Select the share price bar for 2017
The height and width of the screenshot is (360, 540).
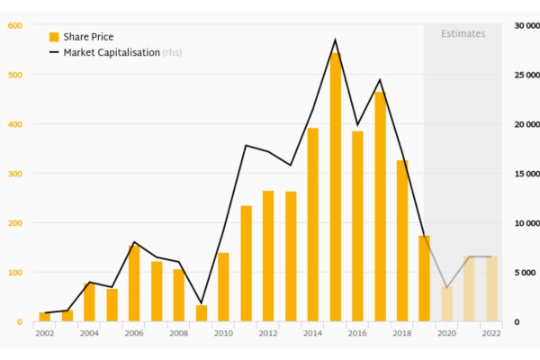click(380, 207)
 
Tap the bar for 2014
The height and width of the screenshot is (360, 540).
click(313, 225)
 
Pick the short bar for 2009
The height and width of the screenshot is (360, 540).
click(202, 313)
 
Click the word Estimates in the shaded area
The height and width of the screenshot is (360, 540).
click(463, 34)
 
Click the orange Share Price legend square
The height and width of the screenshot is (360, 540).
click(54, 37)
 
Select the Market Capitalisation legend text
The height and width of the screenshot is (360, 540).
click(111, 53)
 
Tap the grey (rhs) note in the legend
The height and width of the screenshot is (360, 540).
click(172, 53)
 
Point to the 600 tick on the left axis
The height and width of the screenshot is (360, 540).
click(14, 25)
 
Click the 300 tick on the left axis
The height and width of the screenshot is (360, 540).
click(14, 174)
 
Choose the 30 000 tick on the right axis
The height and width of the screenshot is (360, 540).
click(525, 25)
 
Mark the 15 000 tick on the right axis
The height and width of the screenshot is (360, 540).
click(525, 174)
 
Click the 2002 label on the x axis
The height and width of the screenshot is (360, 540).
click(44, 333)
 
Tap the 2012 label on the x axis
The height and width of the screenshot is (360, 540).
click(268, 333)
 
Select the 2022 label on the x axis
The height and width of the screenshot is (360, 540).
click(491, 333)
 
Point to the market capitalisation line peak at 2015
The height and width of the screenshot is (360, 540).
click(336, 40)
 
